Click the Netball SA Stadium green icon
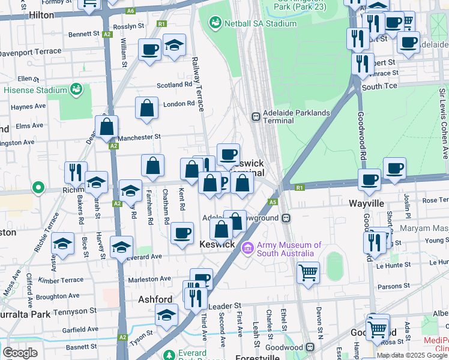click(215, 23)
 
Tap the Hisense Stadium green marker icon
click(76, 90)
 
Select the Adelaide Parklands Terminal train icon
click(255, 116)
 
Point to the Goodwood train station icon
click(310, 347)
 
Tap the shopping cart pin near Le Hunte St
click(308, 272)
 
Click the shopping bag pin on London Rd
click(147, 109)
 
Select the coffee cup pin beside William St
click(149, 49)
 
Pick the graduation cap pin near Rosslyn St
click(174, 45)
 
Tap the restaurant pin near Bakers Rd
click(76, 172)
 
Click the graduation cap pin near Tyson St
click(166, 314)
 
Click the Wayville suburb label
click(366, 204)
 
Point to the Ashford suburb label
click(155, 299)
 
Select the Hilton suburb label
click(41, 14)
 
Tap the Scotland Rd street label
click(174, 85)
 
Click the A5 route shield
click(273, 203)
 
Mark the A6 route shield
click(130, 11)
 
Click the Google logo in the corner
click(20, 353)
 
